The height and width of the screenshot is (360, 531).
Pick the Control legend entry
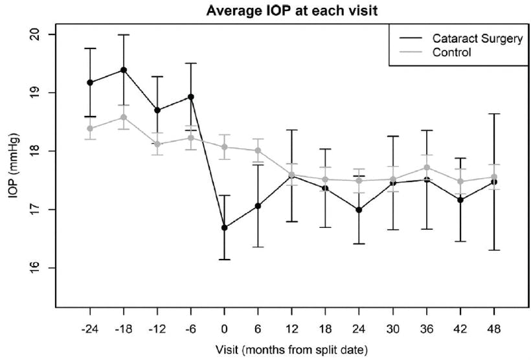451,52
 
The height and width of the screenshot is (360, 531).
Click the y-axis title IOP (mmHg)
15,170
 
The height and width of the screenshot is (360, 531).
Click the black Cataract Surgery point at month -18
124,70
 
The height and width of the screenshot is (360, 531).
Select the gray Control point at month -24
90,129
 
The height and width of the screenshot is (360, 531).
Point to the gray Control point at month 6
258,151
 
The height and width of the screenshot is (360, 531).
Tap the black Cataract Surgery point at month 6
258,206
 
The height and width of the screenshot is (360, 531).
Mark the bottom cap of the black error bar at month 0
225,260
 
